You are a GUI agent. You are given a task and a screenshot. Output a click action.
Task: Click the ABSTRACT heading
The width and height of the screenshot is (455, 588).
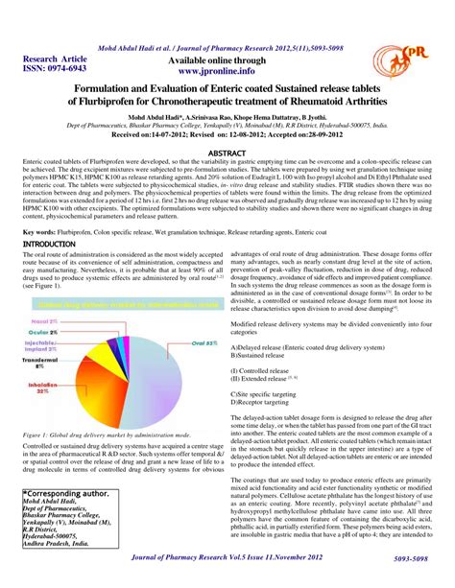[x=227, y=153]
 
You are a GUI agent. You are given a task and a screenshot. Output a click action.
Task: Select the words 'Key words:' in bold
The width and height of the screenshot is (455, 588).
[x=38, y=232]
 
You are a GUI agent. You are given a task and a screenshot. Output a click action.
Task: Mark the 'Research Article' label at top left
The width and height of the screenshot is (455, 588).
[x=43, y=59]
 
